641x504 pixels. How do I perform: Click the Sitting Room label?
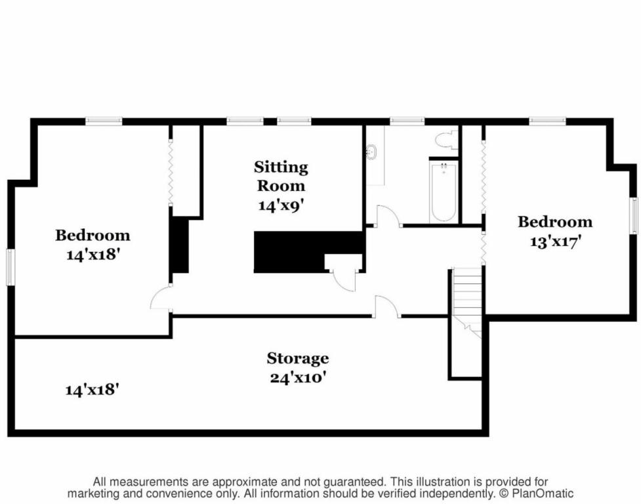pyautogui.click(x=281, y=176)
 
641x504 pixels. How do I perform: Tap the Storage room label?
pyautogui.click(x=298, y=358)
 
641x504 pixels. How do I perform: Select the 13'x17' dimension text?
pyautogui.click(x=556, y=241)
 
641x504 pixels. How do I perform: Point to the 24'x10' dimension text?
pyautogui.click(x=298, y=377)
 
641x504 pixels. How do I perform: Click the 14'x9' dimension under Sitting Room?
pyautogui.click(x=281, y=204)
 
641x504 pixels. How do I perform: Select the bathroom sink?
pyautogui.click(x=371, y=152)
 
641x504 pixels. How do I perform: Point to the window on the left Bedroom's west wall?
pyautogui.click(x=10, y=267)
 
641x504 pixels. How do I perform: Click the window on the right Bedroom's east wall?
pyautogui.click(x=633, y=215)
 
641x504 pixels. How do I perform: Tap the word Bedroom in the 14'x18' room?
pyautogui.click(x=93, y=236)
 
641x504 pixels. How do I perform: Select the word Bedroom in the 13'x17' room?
pyautogui.click(x=555, y=222)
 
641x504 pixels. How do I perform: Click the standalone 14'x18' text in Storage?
pyautogui.click(x=93, y=389)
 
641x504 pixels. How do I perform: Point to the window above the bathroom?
pyautogui.click(x=407, y=121)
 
